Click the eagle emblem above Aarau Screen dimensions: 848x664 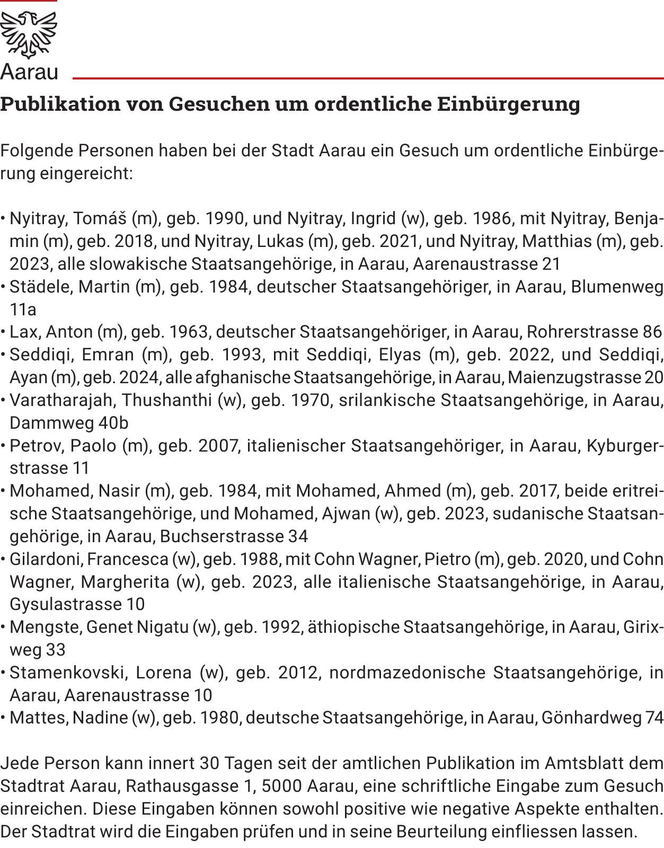pyautogui.click(x=28, y=34)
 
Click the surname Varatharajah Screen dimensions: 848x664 pyautogui.click(x=63, y=400)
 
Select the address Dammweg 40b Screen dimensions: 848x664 pyautogui.click(x=69, y=423)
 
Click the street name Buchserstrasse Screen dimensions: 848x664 pyautogui.click(x=222, y=536)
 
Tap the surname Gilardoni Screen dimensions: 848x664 pyautogui.click(x=46, y=559)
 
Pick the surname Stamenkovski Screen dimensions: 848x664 pyautogui.click(x=68, y=673)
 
